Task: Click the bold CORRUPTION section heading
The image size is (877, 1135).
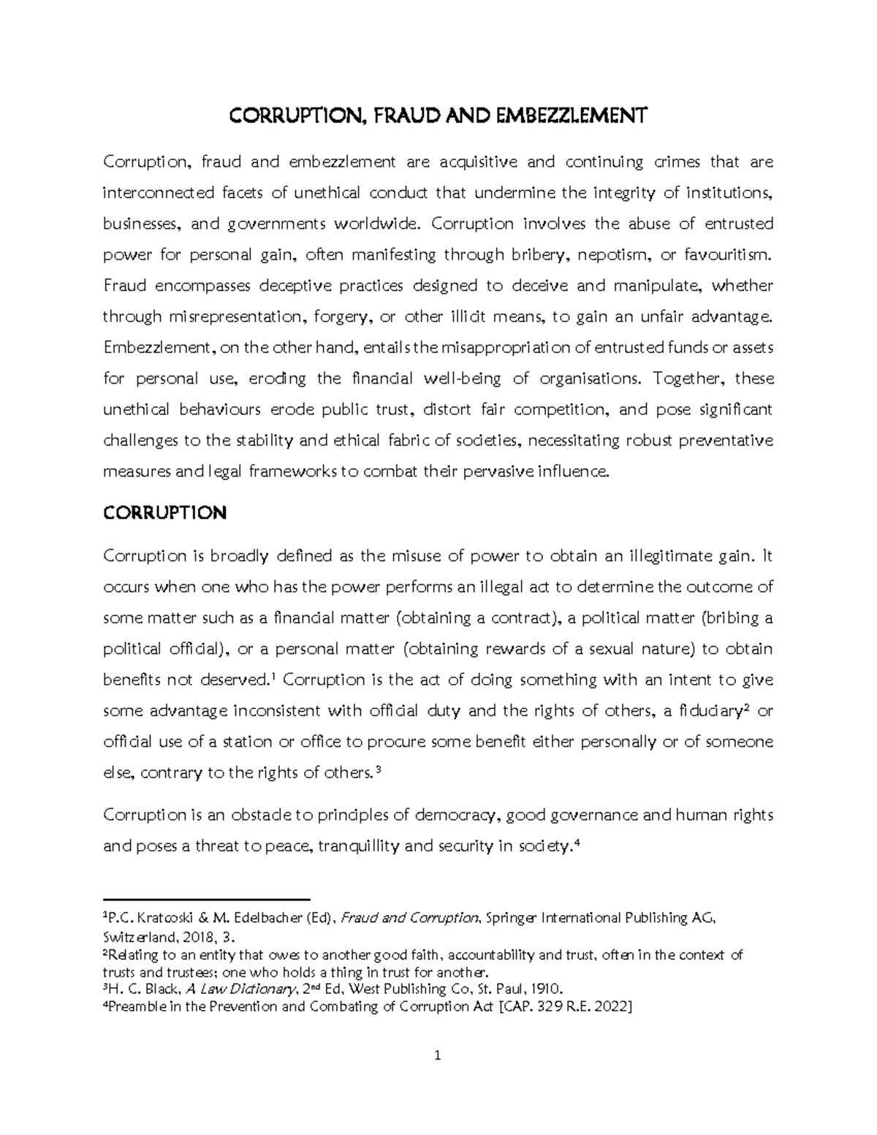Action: pyautogui.click(x=164, y=513)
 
